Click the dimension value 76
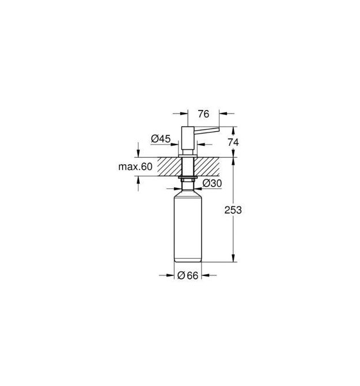coord(203,114)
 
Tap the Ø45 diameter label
coord(161,139)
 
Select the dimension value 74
coord(233,142)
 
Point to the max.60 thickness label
coord(135,167)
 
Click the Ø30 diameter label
coord(212,183)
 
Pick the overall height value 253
coord(233,210)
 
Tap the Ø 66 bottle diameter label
coord(188,275)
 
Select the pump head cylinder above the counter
coord(188,141)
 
